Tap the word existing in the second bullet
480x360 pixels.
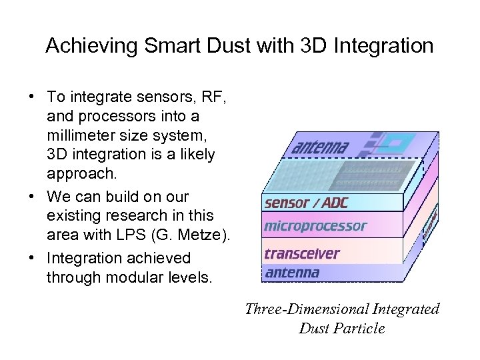(73, 216)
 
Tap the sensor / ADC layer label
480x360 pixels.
(306, 203)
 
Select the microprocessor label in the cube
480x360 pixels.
(315, 226)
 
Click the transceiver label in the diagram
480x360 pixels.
(301, 253)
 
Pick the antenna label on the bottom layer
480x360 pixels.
(292, 272)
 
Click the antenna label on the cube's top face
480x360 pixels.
(320, 145)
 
